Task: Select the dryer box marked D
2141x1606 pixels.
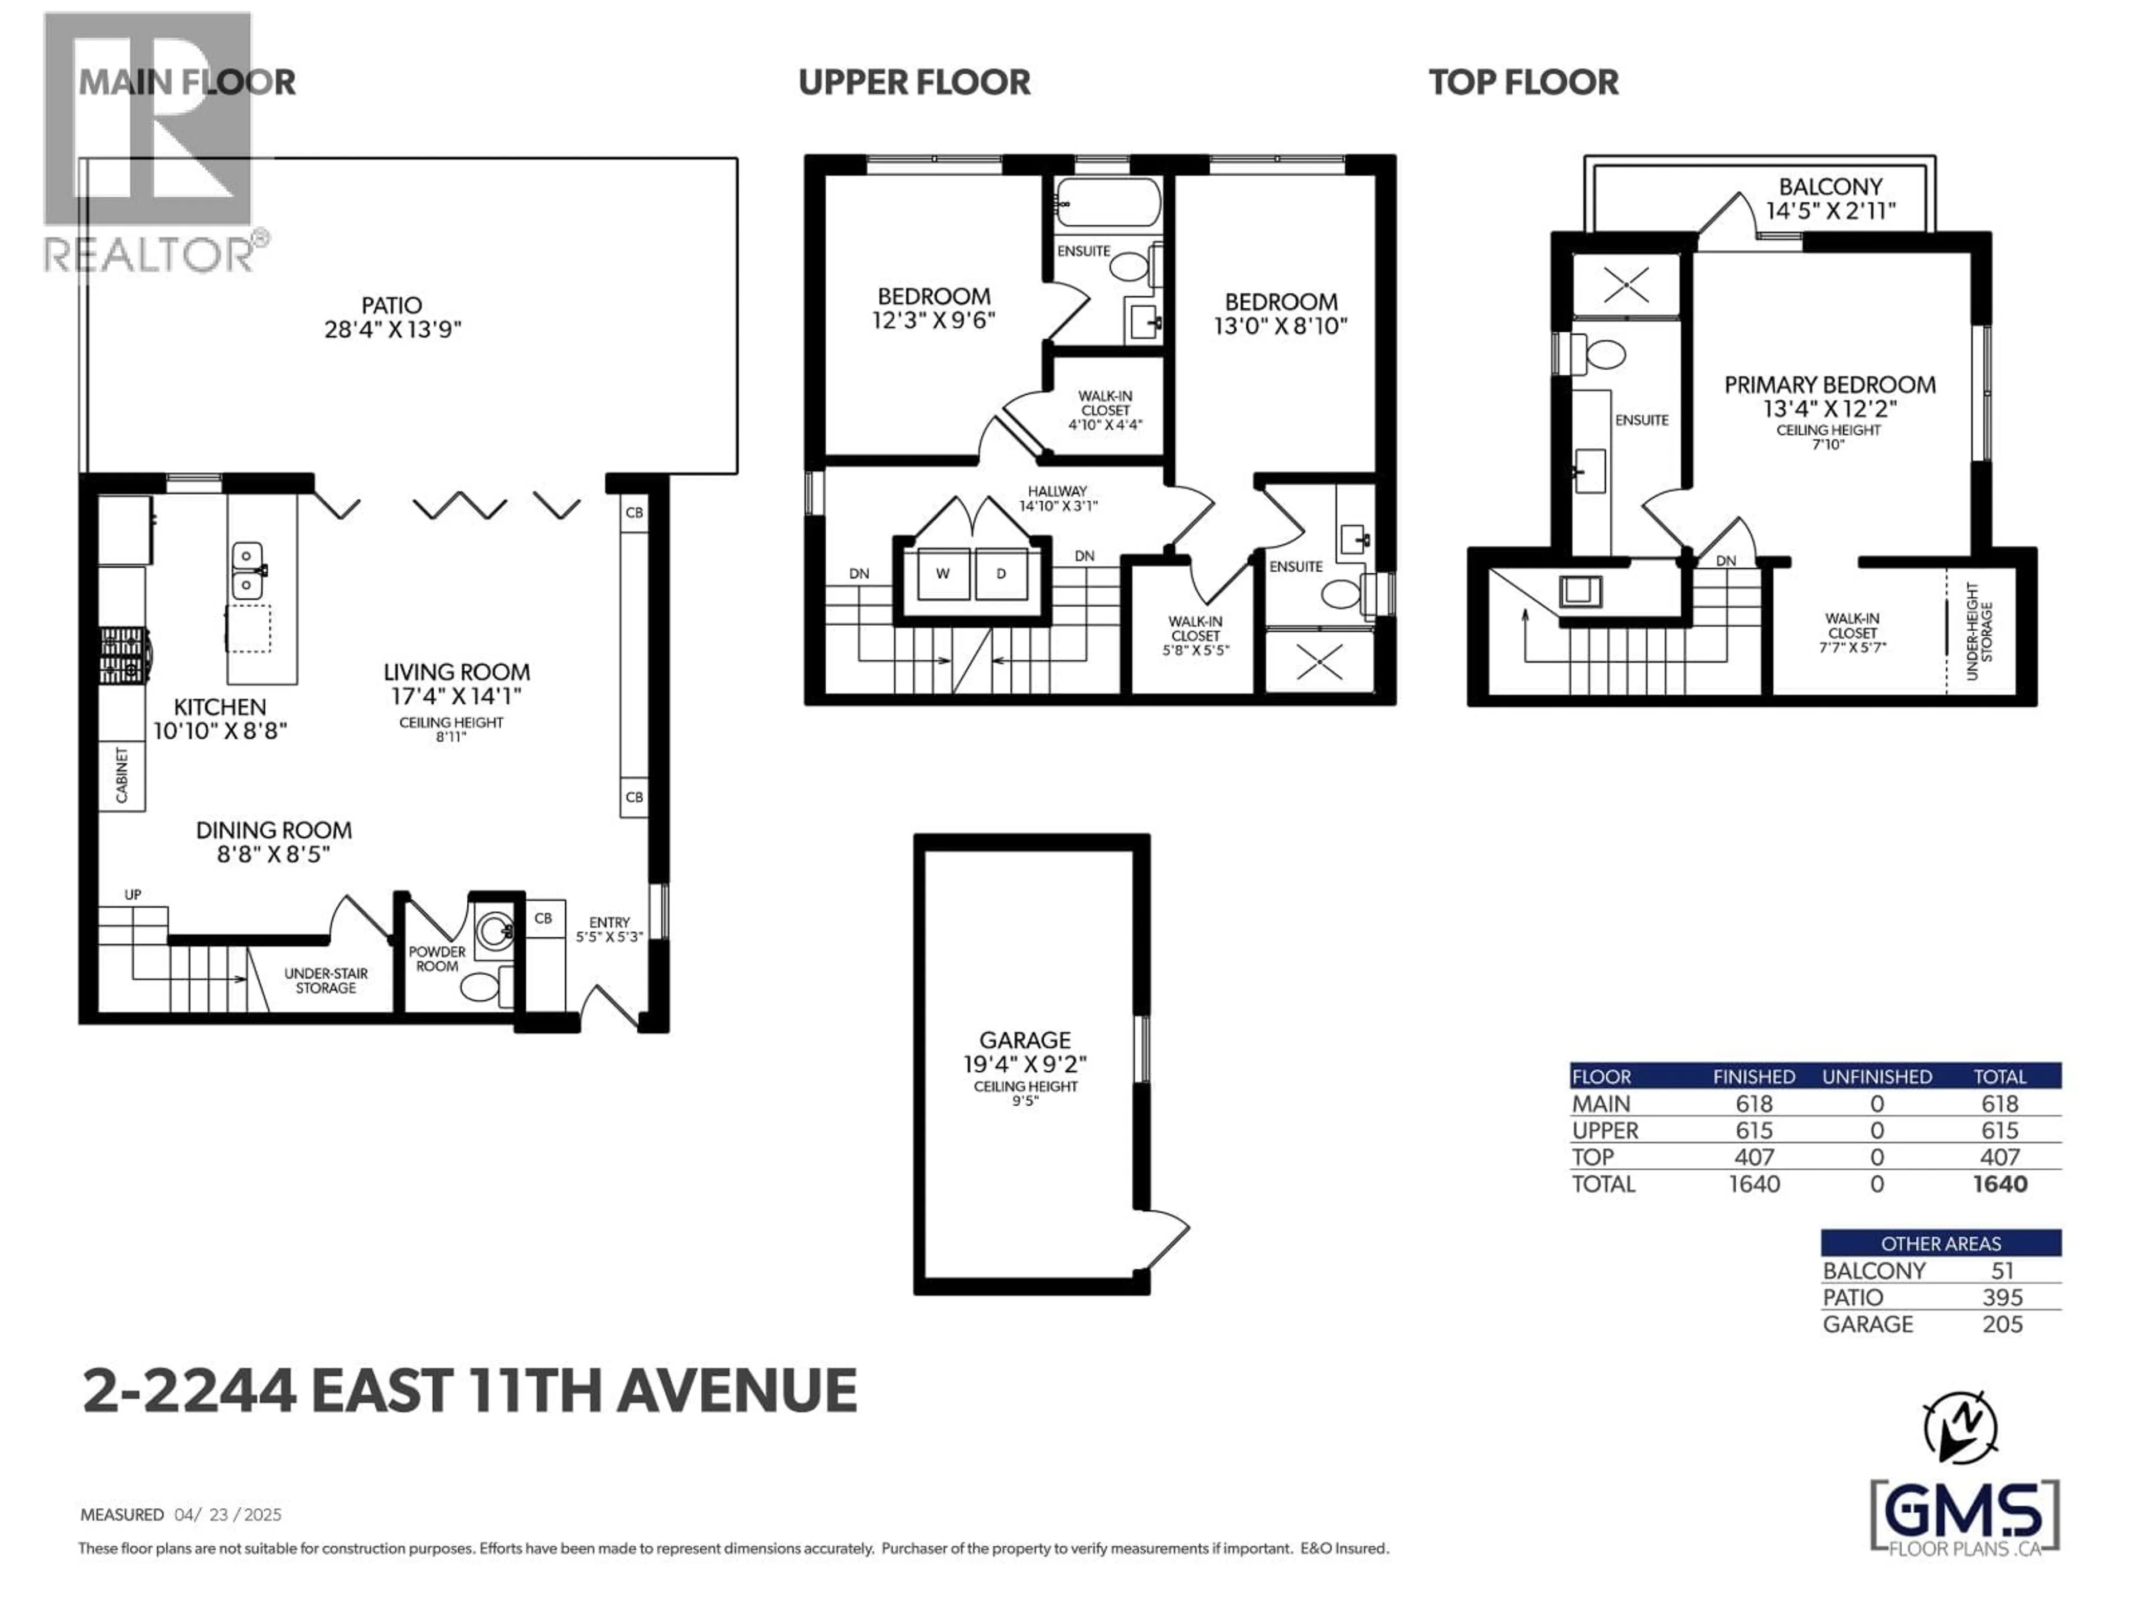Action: point(1001,574)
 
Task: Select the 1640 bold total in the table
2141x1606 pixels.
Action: point(2000,1184)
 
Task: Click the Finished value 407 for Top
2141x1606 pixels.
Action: point(1754,1157)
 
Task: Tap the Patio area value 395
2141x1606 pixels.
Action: point(2002,1297)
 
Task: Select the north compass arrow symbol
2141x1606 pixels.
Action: point(1959,1427)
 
